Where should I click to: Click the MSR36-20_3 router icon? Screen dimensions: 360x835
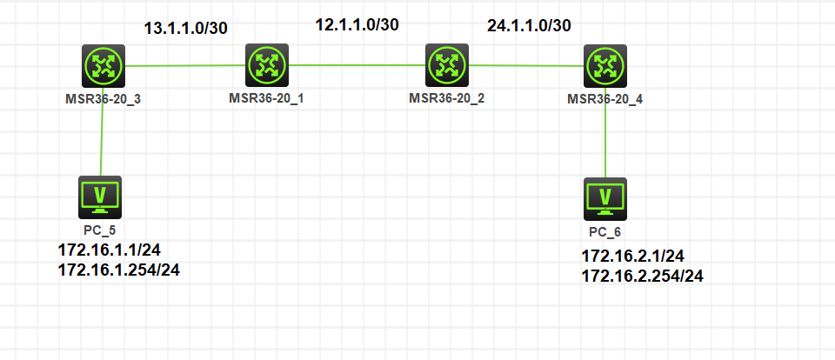104,65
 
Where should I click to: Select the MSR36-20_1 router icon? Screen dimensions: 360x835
265,64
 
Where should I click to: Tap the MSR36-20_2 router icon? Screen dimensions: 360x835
447,64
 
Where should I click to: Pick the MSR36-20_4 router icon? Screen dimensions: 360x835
605,65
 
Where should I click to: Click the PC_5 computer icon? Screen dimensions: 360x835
100,197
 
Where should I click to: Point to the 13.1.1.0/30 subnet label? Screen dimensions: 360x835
185,28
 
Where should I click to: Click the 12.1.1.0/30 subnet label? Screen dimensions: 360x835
357,24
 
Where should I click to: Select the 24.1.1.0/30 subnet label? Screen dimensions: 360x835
529,25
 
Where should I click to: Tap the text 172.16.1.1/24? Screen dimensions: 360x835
110,250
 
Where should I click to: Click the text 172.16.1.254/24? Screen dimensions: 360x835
119,270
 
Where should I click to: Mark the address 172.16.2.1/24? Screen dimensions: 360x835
632,257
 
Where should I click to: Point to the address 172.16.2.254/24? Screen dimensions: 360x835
642,276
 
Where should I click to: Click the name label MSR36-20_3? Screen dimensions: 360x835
104,97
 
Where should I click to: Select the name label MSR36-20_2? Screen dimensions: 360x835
446,97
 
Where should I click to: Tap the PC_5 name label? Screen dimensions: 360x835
100,230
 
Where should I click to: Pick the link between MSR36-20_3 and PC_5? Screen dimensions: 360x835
102,130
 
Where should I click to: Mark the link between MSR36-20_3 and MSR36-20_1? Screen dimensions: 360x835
184,64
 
